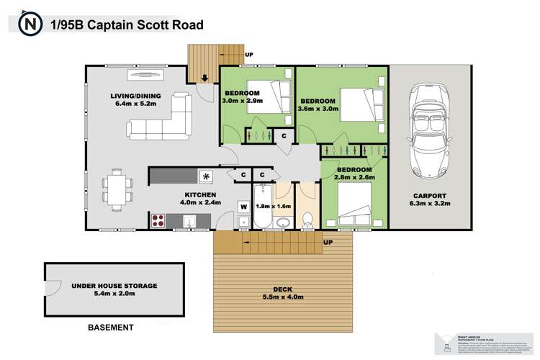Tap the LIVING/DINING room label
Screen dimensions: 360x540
[135, 96]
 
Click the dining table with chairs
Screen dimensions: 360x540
[117, 187]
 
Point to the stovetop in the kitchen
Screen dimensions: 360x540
[158, 221]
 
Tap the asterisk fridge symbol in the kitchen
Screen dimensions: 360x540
[207, 175]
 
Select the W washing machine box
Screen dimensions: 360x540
[244, 207]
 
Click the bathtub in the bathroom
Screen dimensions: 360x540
[261, 205]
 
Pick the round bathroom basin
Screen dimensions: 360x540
[282, 221]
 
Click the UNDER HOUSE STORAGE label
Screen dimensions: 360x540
[114, 286]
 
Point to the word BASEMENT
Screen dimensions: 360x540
[110, 328]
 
